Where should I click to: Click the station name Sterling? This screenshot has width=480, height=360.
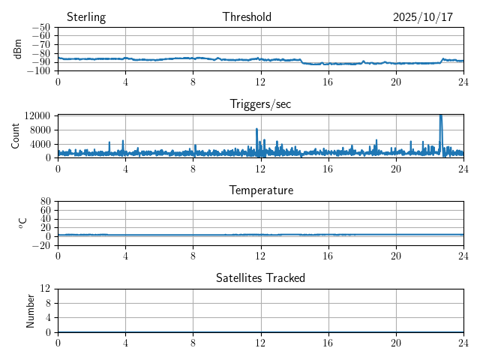85,17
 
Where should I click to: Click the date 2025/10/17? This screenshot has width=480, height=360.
423,17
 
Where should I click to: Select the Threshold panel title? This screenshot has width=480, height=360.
247,17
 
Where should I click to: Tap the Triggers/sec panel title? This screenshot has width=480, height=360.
260,104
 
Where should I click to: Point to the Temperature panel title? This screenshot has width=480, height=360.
261,190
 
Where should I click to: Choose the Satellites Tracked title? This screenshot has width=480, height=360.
260,278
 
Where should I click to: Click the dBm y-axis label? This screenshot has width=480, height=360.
18,49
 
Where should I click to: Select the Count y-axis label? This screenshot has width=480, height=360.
15,136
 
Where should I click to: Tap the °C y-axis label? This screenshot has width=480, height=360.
22,223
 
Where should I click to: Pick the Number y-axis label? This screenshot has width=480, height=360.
31,310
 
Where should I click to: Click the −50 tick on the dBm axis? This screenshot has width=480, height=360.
40,27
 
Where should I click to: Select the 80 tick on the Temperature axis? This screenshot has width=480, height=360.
46,202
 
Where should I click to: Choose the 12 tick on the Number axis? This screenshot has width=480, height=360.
46,289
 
